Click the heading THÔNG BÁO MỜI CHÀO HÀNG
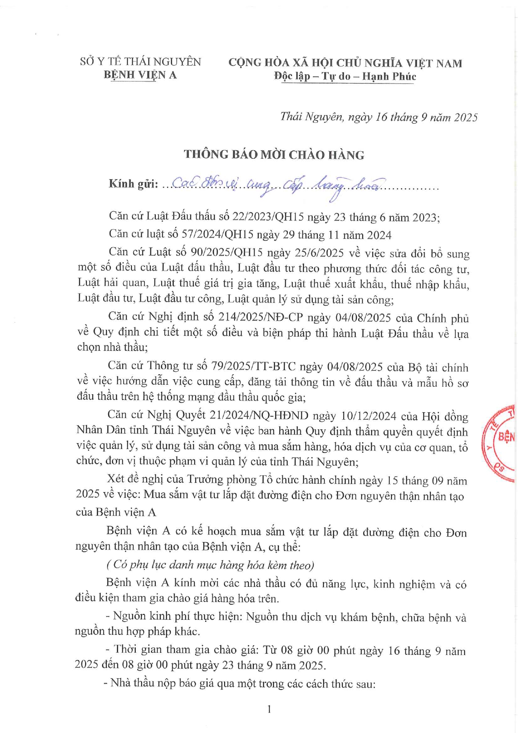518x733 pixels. pyautogui.click(x=274, y=155)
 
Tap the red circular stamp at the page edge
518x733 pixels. pyautogui.click(x=501, y=443)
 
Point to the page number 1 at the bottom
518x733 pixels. pyautogui.click(x=269, y=709)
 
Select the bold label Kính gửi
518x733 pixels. pyautogui.click(x=133, y=184)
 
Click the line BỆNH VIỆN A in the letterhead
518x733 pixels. pyautogui.click(x=140, y=75)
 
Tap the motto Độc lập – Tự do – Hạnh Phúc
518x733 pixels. pyautogui.click(x=345, y=76)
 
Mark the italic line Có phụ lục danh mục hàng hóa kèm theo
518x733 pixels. pyautogui.click(x=210, y=565)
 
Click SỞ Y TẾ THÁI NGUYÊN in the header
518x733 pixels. pyautogui.click(x=140, y=62)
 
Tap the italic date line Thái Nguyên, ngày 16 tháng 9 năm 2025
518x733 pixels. pyautogui.click(x=379, y=117)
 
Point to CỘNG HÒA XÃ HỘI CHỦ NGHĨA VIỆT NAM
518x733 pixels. pyautogui.click(x=345, y=63)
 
